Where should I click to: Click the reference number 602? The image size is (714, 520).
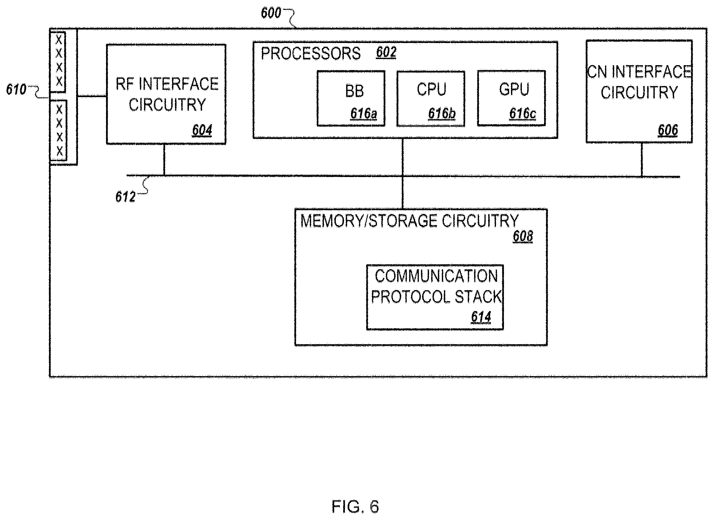coord(386,52)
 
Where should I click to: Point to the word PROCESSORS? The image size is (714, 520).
coord(311,53)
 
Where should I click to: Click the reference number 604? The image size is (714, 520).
coord(202,130)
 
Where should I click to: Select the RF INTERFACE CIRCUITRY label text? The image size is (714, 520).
coord(167,94)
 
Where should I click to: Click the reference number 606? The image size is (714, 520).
coord(668,130)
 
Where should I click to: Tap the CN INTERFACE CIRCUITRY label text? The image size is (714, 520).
coord(639,82)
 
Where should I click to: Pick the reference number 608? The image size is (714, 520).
coord(523,236)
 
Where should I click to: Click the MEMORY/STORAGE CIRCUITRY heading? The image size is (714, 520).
coord(410,221)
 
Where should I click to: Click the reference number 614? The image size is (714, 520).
coord(481,317)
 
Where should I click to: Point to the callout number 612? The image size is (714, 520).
coord(125,197)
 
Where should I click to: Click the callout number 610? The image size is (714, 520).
coord(16,89)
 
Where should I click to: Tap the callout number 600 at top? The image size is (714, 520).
coord(271,13)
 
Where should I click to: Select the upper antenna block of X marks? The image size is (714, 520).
coord(58,62)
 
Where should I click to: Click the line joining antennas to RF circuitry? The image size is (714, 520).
coord(92,96)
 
